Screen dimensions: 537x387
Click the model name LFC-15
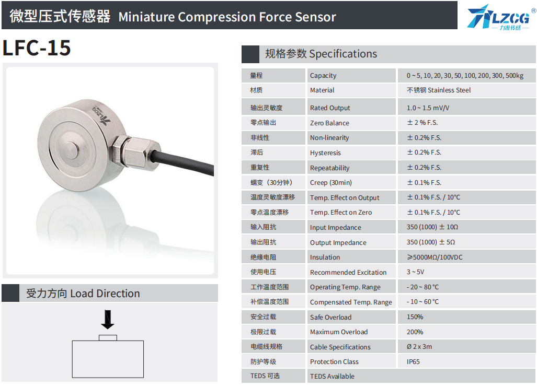coord(37,48)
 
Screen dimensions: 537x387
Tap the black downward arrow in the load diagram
coord(108,319)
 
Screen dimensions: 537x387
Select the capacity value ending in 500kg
coord(465,76)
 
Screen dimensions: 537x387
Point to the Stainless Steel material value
coord(438,90)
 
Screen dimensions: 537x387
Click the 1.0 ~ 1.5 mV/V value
coord(428,108)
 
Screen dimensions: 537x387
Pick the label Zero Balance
coord(329,123)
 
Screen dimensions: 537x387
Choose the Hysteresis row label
coord(325,153)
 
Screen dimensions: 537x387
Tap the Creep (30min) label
coord(331,183)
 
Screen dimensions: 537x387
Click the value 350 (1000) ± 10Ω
coord(432,227)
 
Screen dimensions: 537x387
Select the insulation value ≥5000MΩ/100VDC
coord(435,257)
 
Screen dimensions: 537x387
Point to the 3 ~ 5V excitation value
coord(415,272)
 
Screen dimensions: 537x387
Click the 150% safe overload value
coord(415,317)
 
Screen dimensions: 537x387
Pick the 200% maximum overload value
coord(415,332)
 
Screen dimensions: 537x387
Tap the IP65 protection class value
coord(413,362)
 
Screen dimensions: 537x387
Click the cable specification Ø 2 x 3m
coord(419,347)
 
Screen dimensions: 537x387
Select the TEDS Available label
coord(332,377)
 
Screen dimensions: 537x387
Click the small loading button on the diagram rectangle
coord(108,338)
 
